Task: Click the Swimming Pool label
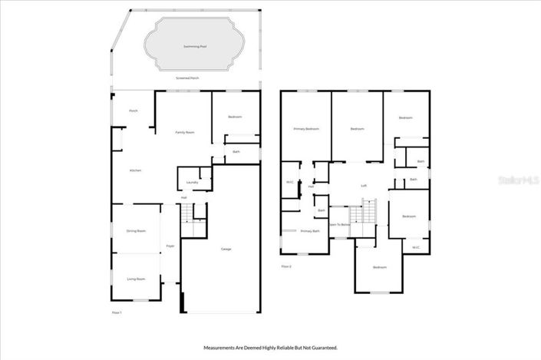pyautogui.click(x=195, y=46)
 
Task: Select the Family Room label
pyautogui.click(x=184, y=132)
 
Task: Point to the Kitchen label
pyautogui.click(x=135, y=170)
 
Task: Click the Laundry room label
pyautogui.click(x=193, y=182)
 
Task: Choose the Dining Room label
pyautogui.click(x=136, y=230)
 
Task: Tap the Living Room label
pyautogui.click(x=136, y=279)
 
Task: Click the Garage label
pyautogui.click(x=226, y=249)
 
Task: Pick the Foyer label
pyautogui.click(x=170, y=246)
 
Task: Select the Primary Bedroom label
pyautogui.click(x=306, y=129)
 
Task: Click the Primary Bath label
pyautogui.click(x=310, y=230)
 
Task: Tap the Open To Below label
pyautogui.click(x=340, y=224)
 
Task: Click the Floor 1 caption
pyautogui.click(x=117, y=312)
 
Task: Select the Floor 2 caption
pyautogui.click(x=286, y=266)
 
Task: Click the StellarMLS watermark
pyautogui.click(x=518, y=181)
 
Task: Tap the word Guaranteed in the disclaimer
pyautogui.click(x=322, y=348)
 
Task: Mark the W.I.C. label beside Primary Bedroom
pyautogui.click(x=290, y=182)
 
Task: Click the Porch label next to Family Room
pyautogui.click(x=133, y=111)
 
